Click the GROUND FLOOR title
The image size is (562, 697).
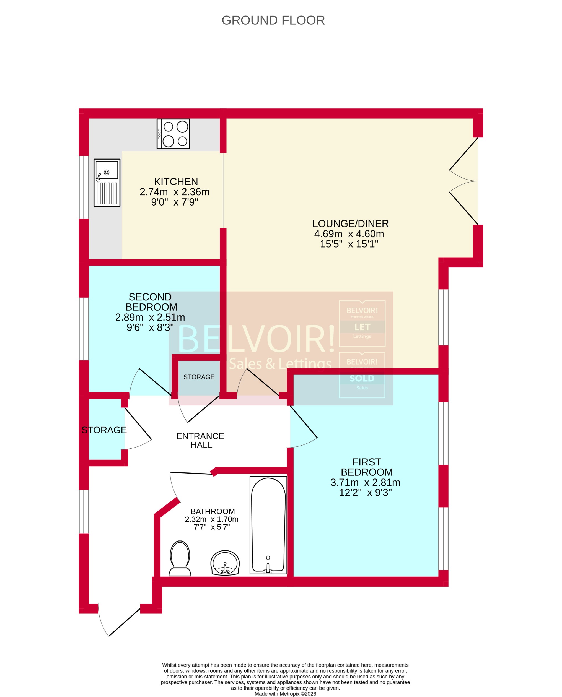(273, 20)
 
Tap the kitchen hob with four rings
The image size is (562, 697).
(173, 134)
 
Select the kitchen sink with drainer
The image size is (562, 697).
(107, 183)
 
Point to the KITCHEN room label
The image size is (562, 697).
(176, 181)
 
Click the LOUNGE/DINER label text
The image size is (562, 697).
(350, 223)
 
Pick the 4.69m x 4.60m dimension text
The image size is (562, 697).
(349, 234)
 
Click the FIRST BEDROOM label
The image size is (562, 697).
(366, 467)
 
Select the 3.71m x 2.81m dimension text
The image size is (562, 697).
(365, 482)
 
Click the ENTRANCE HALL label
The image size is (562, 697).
(200, 440)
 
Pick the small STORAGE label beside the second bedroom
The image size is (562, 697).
(199, 377)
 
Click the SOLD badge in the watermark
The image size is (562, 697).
(362, 378)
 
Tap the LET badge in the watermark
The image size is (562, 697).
(362, 327)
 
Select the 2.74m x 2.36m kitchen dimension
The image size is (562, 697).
(175, 192)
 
